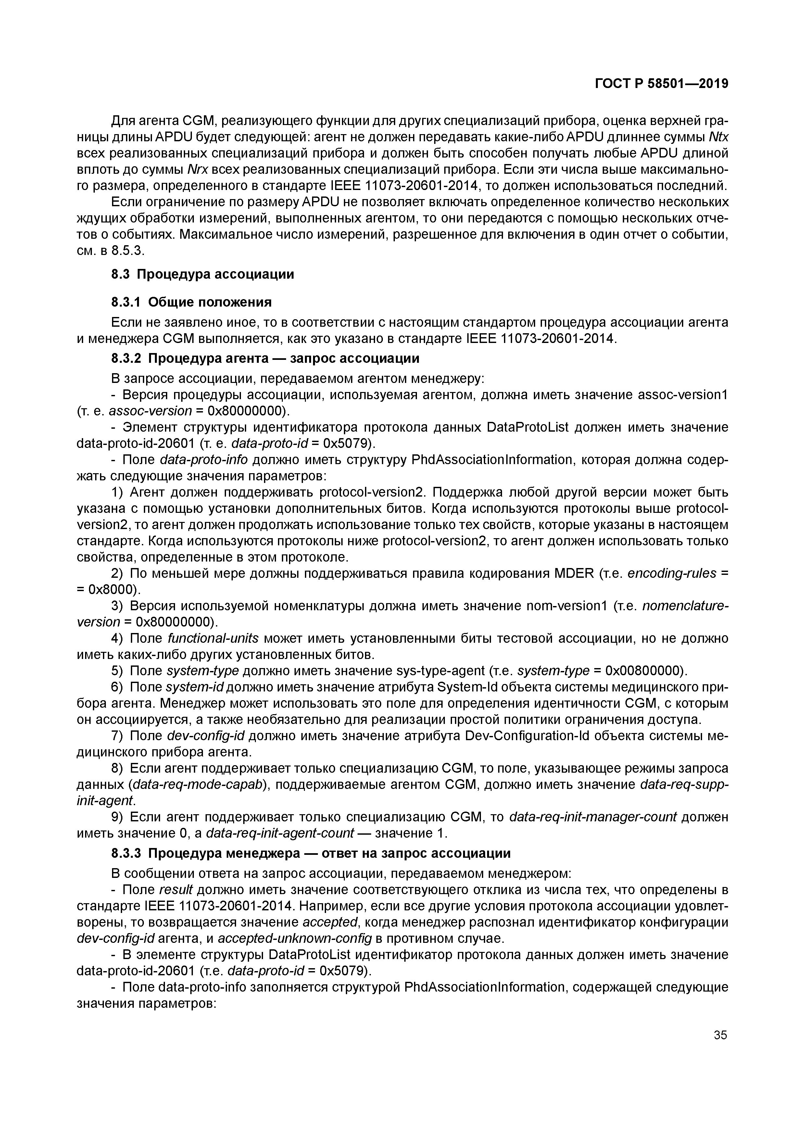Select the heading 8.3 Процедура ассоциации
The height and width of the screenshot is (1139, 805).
pyautogui.click(x=202, y=274)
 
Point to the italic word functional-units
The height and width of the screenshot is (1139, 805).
pyautogui.click(x=213, y=639)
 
